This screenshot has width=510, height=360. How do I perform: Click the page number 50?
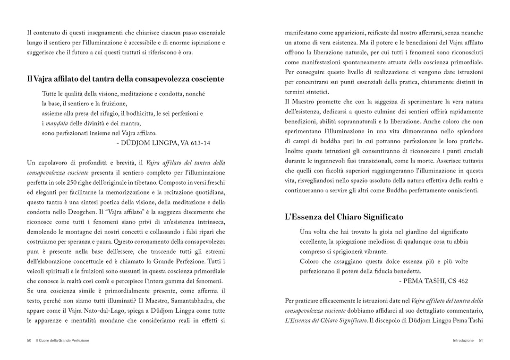point(29,340)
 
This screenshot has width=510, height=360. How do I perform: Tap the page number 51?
point(480,340)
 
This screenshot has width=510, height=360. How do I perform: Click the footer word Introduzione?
point(463,340)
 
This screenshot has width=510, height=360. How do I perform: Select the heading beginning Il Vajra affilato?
point(126,79)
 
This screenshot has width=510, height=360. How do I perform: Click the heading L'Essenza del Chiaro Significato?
point(344,217)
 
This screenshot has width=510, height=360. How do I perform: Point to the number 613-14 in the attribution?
point(199,143)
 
